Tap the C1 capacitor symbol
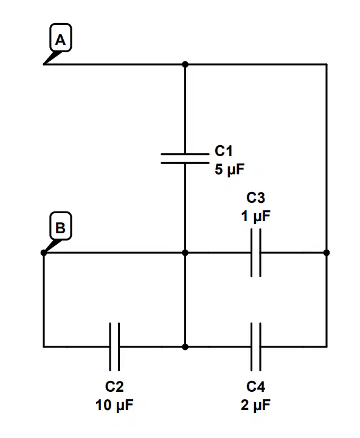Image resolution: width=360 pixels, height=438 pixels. pos(185,158)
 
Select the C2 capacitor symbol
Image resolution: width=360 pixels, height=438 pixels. pos(114,347)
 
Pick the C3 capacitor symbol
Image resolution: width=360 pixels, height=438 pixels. pos(256,253)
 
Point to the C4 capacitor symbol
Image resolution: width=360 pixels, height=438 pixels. pos(256,347)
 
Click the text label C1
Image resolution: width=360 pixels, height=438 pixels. pos(224,151)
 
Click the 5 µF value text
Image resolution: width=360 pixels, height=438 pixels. pos(230,169)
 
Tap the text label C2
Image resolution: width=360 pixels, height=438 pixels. pos(114,386)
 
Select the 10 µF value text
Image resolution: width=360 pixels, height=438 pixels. pos(114,405)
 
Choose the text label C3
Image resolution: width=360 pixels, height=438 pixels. pos(255,198)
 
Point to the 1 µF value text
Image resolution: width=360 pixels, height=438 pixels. pos(255,216)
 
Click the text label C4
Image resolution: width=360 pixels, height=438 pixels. pos(255,386)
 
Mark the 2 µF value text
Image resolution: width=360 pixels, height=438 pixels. pos(255,405)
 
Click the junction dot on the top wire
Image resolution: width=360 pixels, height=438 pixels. pos(185,64)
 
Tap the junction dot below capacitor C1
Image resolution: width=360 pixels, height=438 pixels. pos(185,253)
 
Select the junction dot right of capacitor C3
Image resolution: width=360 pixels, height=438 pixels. pos(327,253)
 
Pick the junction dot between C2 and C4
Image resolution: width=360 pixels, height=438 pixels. pos(185,347)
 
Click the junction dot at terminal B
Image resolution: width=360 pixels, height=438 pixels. pos(44,253)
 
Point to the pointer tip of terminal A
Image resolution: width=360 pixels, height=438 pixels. pos(43,64)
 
